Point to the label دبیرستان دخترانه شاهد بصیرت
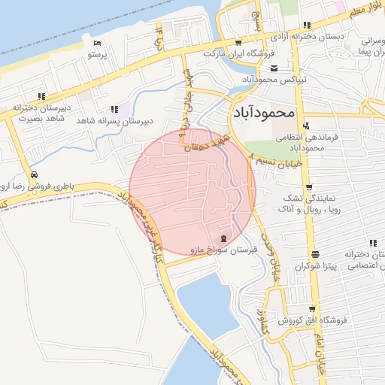[41, 113]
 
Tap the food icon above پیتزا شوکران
[315, 253]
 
